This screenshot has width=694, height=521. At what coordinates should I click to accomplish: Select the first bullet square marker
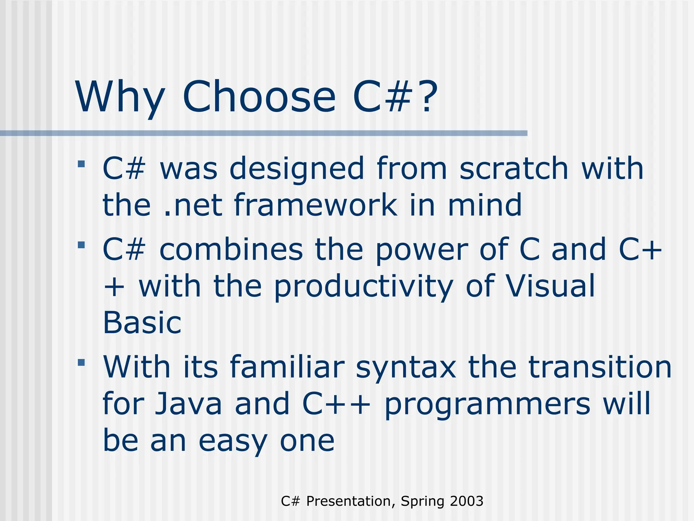[81, 164]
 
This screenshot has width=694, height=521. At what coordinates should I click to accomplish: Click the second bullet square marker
[81, 245]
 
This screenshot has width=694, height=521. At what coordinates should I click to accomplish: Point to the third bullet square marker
[81, 363]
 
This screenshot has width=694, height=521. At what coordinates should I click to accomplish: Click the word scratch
[513, 168]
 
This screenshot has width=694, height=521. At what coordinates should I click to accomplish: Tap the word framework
[315, 205]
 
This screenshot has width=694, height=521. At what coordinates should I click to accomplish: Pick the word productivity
[363, 287]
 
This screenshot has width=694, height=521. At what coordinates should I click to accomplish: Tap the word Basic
[142, 323]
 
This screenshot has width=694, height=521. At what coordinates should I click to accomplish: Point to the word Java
[188, 404]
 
